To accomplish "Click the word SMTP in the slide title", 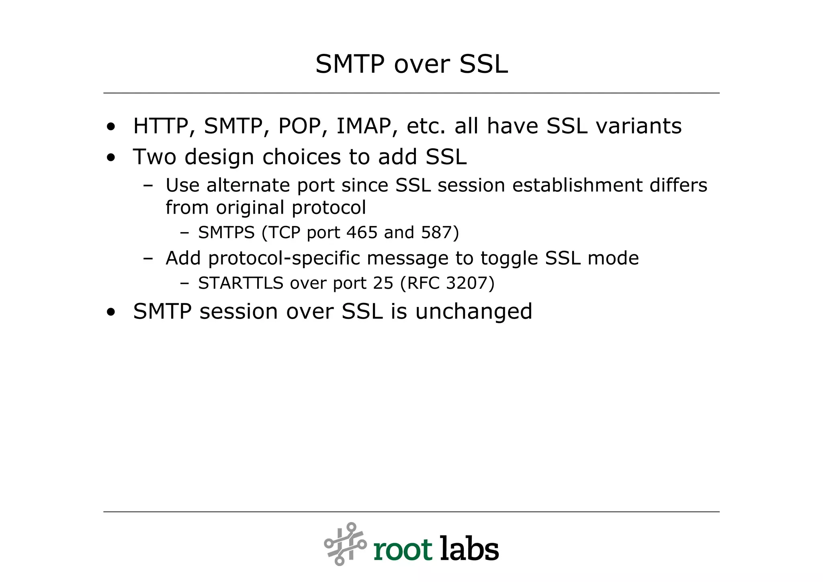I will (350, 64).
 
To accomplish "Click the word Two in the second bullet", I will (154, 157).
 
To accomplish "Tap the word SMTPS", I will (226, 233).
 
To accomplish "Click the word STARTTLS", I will (241, 284).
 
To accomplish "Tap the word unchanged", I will (473, 312).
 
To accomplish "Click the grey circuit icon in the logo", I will (345, 544).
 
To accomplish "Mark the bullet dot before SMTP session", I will (111, 312).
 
